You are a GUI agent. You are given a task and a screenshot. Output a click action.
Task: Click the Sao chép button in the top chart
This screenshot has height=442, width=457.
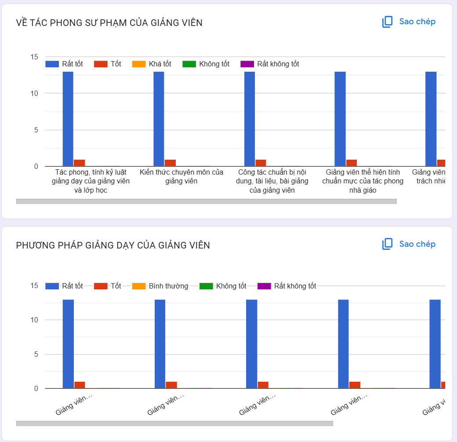click(x=409, y=22)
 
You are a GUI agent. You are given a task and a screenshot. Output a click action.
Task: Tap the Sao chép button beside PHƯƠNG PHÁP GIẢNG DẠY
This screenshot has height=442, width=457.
click(x=409, y=244)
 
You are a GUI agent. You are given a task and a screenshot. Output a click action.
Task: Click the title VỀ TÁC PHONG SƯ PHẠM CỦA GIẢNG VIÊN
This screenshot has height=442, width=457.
click(x=109, y=23)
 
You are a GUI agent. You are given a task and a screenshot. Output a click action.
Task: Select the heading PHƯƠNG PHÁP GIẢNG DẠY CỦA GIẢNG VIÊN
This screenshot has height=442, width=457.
click(x=113, y=245)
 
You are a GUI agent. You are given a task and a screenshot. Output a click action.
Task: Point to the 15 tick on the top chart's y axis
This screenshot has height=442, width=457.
click(x=34, y=57)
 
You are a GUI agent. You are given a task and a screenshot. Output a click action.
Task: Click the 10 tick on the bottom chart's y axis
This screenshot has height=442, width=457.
click(x=34, y=320)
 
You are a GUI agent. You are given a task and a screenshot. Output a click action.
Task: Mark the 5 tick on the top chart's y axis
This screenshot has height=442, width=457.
click(x=36, y=130)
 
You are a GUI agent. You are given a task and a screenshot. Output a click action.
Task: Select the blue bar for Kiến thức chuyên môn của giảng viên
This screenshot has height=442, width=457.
click(x=159, y=119)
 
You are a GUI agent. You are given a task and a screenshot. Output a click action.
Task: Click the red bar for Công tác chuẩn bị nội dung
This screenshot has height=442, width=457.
click(x=261, y=163)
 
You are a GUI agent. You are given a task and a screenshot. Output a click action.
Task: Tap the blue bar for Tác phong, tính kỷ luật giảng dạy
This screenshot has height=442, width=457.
click(x=68, y=119)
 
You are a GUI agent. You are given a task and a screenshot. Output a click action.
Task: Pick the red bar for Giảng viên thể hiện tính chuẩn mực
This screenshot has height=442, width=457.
click(x=352, y=163)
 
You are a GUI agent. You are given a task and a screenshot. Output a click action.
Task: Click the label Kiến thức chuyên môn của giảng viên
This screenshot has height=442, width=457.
click(x=181, y=176)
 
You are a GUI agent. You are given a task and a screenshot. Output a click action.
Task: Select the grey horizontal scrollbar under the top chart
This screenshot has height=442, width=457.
click(x=207, y=201)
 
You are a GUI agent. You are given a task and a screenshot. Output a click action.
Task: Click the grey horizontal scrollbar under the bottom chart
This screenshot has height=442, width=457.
click(x=174, y=424)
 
